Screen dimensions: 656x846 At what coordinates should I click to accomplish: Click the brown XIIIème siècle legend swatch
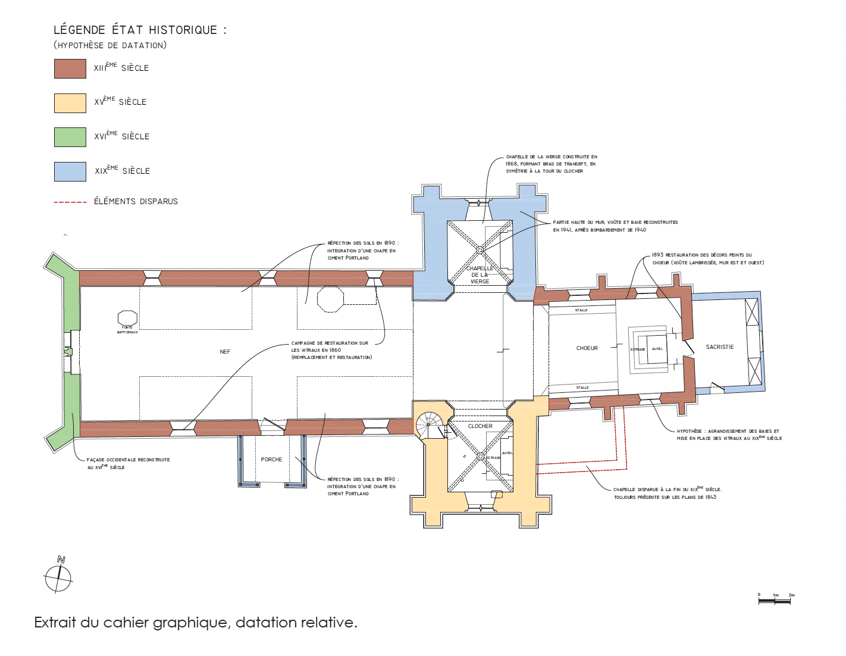pos(70,68)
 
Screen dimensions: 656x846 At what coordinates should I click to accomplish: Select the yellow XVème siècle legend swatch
pos(70,103)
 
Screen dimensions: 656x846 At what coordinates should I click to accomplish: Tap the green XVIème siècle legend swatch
pos(70,137)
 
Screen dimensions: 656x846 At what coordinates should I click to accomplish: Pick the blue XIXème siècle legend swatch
pos(70,171)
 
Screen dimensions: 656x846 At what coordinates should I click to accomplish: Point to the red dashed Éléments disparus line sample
pos(70,202)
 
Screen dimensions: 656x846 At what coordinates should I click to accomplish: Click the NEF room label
pos(225,352)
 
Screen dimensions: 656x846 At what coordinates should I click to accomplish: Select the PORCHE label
pos(271,460)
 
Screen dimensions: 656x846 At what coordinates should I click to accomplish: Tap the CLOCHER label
pos(480,426)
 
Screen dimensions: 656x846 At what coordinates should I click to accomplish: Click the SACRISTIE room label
pos(720,347)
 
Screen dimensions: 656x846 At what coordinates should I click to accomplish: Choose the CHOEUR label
pos(587,348)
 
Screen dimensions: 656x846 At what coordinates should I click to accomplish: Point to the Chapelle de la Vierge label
pos(480,275)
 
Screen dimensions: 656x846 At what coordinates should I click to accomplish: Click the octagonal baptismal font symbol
pos(127,318)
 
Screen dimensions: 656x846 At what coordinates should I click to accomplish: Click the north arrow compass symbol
pos(58,577)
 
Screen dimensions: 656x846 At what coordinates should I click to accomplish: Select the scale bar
pos(775,600)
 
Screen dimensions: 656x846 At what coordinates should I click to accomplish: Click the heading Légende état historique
pos(140,30)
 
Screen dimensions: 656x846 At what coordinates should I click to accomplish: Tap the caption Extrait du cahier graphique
pos(196,623)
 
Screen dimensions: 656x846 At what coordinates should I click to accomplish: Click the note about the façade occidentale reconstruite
pos(128,463)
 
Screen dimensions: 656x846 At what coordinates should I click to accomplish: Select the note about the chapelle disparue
pos(667,493)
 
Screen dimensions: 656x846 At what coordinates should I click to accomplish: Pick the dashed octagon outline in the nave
pos(330,299)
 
